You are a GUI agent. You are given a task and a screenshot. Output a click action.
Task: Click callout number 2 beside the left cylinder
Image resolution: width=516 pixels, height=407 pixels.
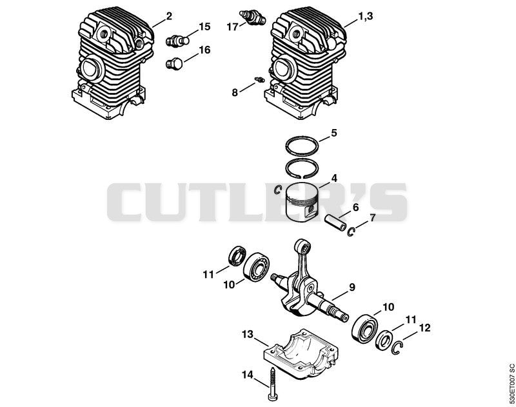(169, 16)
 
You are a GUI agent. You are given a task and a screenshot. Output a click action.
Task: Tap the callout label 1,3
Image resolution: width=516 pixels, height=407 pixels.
(365, 15)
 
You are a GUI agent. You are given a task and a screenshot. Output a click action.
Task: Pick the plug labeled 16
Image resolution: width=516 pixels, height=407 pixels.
(174, 63)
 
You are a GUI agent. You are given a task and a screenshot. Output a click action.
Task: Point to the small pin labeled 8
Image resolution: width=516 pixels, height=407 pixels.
(260, 79)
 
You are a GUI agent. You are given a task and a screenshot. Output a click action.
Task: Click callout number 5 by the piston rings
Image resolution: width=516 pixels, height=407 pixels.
(333, 134)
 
